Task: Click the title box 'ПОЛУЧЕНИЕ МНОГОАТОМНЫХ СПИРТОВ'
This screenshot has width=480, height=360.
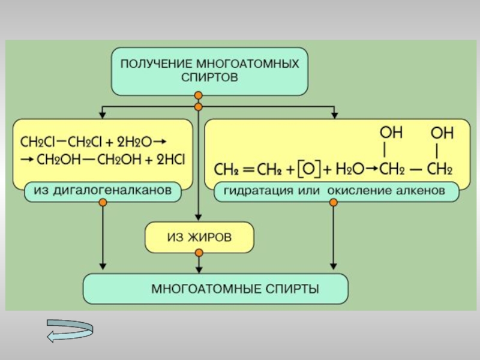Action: click(209, 71)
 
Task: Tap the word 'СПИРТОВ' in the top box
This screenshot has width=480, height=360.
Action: click(209, 78)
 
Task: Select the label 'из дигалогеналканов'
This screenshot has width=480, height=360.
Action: click(103, 191)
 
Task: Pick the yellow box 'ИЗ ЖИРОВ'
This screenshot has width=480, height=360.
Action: click(199, 238)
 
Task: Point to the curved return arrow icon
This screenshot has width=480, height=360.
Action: click(70, 331)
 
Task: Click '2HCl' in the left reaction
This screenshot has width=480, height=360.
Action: click(171, 160)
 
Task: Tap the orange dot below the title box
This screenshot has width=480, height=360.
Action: click(199, 95)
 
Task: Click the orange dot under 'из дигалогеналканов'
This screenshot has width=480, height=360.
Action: click(103, 203)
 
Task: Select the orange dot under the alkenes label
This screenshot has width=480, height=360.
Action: click(334, 203)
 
